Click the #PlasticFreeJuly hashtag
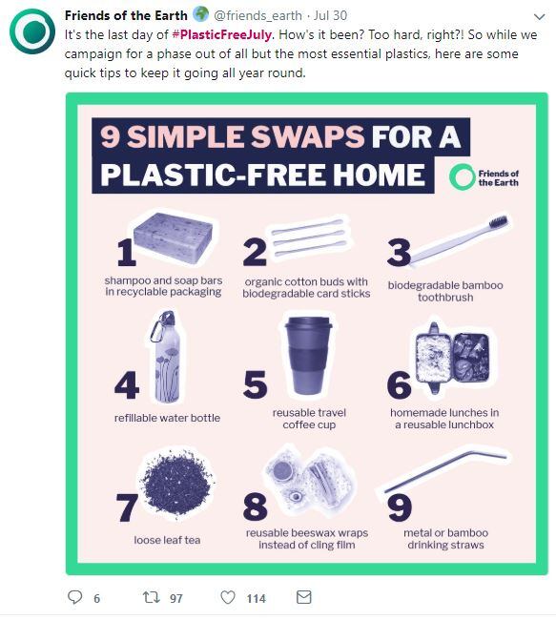(222, 34)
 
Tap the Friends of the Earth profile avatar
(32, 31)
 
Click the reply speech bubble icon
(74, 597)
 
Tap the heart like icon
(228, 597)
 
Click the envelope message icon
(303, 597)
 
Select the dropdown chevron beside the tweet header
(540, 16)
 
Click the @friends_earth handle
(257, 15)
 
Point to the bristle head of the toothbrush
(498, 221)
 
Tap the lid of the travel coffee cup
(309, 324)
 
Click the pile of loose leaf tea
(176, 483)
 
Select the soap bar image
(173, 238)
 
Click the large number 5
(255, 384)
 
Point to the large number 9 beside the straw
(400, 507)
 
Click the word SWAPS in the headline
(308, 136)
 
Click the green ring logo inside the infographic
(462, 176)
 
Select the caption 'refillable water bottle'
(167, 418)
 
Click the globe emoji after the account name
(201, 14)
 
